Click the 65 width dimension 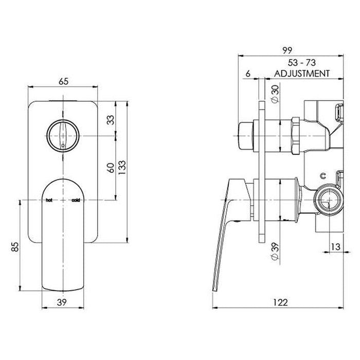point(64,81)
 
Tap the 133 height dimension point(122,167)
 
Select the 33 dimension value point(111,120)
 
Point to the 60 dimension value point(111,168)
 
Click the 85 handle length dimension point(15,247)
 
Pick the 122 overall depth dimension point(280,302)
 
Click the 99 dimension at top point(287,50)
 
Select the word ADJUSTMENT point(302,74)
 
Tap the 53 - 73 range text point(302,63)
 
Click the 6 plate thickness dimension point(248,74)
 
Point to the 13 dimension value point(335,247)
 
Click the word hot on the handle point(49,200)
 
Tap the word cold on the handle point(76,200)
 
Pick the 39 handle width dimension point(62,302)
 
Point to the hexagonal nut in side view point(296,136)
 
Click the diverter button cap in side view point(246,136)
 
